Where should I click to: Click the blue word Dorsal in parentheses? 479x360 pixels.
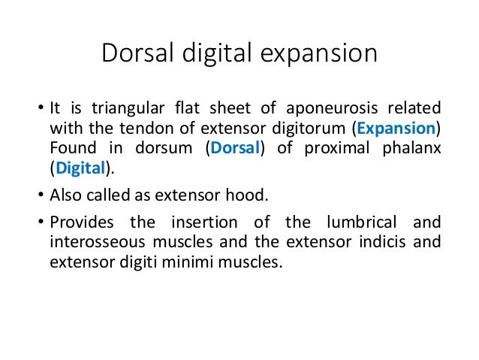233,148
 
